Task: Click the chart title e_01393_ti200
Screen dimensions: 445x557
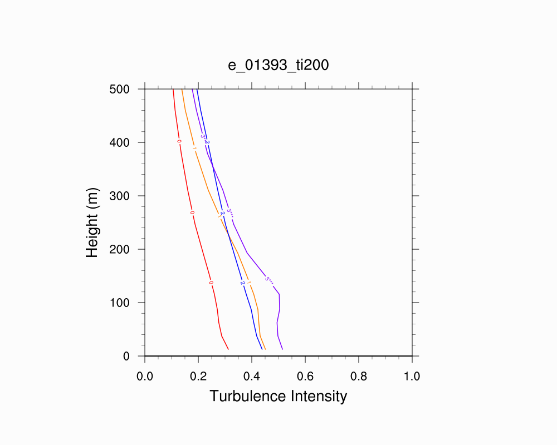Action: [278, 65]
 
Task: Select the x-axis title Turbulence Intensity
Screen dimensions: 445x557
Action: [278, 396]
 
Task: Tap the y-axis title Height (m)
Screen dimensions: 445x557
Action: [92, 222]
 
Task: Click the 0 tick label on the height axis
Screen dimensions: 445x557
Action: [126, 356]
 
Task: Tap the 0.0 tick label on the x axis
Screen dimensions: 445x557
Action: [145, 376]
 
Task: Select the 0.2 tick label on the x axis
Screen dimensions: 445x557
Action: [198, 376]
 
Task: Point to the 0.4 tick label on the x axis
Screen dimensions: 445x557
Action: [252, 376]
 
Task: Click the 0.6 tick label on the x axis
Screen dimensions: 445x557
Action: [305, 376]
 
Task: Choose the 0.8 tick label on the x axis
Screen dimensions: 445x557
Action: [359, 376]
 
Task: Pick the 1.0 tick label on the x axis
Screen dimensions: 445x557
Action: [412, 376]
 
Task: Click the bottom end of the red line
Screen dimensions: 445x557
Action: [228, 349]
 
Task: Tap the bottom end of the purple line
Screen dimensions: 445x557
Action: [283, 349]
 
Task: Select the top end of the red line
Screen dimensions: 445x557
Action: [173, 89]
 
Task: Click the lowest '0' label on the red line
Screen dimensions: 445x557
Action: [211, 283]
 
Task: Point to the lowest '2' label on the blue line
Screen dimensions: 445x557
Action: [242, 283]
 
